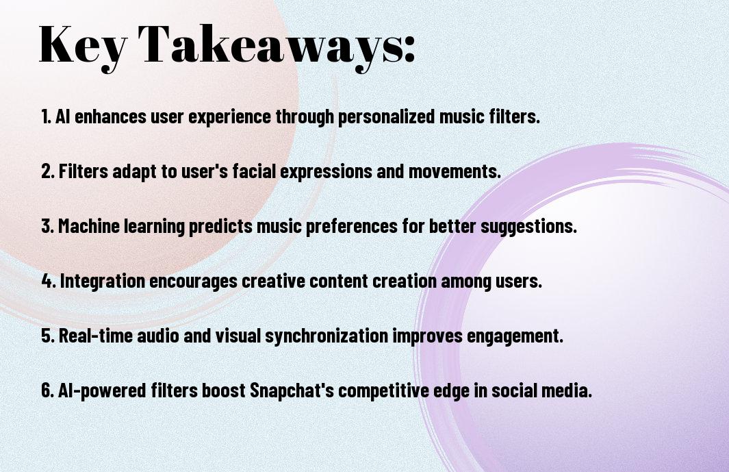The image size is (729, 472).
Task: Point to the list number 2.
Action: click(x=48, y=171)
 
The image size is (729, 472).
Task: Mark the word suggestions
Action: click(x=528, y=227)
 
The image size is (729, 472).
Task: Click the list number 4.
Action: click(x=49, y=281)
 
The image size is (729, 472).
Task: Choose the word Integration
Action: click(x=103, y=281)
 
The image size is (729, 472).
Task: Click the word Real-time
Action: click(x=96, y=336)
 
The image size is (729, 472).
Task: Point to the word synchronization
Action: click(x=327, y=336)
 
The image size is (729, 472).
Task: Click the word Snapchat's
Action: click(x=292, y=390)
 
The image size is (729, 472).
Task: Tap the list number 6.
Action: click(x=48, y=390)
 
